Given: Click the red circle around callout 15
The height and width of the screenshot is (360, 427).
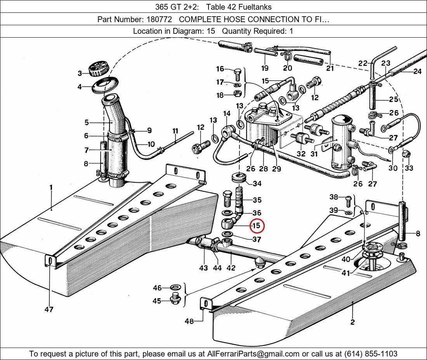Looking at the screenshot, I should pos(256,226).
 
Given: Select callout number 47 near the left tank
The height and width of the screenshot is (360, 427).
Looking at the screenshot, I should pos(49,309).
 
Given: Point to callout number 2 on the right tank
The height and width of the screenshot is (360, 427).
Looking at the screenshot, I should pos(352,322).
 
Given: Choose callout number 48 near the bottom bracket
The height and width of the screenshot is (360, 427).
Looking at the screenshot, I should pos(189,321).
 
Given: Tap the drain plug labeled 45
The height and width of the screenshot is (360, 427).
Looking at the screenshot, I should pos(177,299).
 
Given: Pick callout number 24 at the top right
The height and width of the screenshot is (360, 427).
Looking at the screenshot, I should pos(417,71).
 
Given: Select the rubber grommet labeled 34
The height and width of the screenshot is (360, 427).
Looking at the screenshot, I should pos(240,179).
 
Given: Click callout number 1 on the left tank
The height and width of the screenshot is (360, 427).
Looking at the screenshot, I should pos(51,188).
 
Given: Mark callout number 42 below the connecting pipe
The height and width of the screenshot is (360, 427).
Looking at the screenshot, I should pos(231,268).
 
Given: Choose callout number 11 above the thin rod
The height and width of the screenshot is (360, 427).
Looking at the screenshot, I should pos(175,131).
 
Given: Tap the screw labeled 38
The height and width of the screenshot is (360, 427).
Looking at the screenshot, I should pos(348,200).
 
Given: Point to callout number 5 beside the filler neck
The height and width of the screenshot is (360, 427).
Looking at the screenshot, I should pos(87,123).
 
